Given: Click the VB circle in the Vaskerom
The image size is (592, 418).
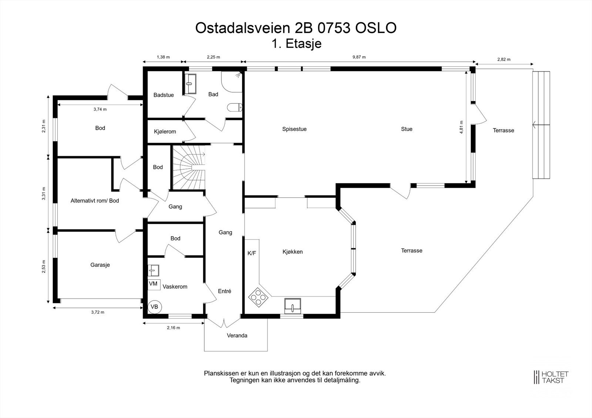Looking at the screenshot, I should click(x=154, y=307).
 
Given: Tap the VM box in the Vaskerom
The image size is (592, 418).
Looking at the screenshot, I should click(x=154, y=284).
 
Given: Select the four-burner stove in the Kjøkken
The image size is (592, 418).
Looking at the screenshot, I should click(x=258, y=297).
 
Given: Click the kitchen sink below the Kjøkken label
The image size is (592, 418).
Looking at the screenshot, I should click(x=292, y=306).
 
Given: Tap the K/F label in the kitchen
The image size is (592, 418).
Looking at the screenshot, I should click(x=252, y=253).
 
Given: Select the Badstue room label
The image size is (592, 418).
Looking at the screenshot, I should click(x=164, y=95).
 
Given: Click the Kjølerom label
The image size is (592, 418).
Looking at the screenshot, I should click(x=165, y=132).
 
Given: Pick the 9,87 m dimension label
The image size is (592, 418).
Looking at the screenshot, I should click(x=359, y=57).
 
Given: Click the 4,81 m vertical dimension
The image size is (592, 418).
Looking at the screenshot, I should click(x=461, y=127).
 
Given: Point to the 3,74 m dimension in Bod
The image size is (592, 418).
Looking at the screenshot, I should click(x=100, y=109).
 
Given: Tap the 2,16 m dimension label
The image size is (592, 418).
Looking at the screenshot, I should click(x=173, y=328).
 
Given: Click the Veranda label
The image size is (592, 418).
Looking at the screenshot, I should click(x=237, y=336).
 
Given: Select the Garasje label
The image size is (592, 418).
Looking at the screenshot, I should click(x=100, y=265).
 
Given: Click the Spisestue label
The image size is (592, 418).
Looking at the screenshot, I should click(x=294, y=129).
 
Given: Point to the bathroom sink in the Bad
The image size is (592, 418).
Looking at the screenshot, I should click(x=191, y=84).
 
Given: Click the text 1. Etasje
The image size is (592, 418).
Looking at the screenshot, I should click(x=296, y=44).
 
